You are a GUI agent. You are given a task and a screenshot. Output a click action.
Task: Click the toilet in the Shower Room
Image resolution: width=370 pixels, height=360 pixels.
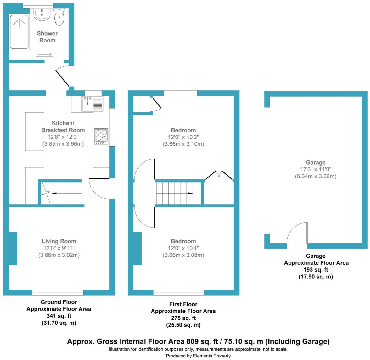coord(59,17)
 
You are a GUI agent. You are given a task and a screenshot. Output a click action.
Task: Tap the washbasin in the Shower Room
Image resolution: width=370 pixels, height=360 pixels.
coord(42,14)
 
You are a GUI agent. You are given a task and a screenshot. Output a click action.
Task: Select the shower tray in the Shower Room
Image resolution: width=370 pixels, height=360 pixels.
coord(20,32)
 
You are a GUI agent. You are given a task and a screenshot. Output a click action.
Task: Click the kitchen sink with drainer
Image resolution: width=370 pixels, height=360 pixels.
coord(92,104)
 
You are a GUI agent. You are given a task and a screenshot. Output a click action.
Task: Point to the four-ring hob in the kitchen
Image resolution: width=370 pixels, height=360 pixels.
coord(101,137)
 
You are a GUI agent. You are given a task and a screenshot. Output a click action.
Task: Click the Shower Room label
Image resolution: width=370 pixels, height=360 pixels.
coord(47,37)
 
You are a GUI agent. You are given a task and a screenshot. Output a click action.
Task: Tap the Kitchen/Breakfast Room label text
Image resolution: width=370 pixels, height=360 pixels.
coord(63,127)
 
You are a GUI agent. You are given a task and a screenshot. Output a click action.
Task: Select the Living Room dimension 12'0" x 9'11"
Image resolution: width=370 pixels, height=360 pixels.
coord(59,248)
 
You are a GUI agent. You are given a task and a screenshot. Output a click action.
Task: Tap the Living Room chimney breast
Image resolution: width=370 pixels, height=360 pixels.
coord(13,249)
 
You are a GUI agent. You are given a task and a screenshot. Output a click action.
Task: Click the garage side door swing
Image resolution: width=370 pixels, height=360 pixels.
coord(297,233)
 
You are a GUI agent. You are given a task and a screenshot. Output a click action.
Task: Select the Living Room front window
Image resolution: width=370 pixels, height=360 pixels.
coord(58,293)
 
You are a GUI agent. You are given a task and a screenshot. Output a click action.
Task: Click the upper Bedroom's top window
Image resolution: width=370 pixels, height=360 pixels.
coord(180,93)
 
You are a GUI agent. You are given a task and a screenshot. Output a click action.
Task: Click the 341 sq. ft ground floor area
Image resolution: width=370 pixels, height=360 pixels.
coord(59,316)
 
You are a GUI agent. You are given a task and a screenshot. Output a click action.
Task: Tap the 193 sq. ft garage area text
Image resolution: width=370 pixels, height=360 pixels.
coord(316,270)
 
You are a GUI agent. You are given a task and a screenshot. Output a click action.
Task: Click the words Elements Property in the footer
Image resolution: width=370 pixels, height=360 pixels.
coord(211,356)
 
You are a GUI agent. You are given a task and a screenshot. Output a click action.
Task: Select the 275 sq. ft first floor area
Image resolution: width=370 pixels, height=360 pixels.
coord(183,318)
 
